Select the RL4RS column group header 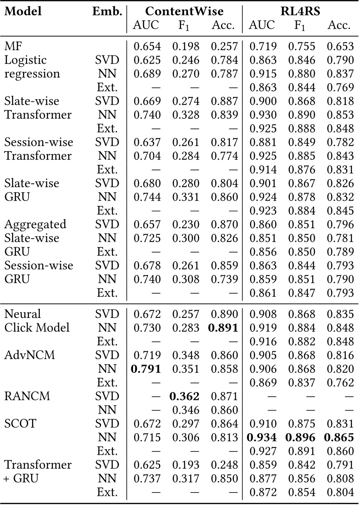point(300,11)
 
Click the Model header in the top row point(23,11)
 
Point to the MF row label point(13,45)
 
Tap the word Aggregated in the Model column point(36,224)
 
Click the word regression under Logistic point(32,73)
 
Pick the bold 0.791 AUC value point(146,369)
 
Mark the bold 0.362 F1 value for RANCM point(185,397)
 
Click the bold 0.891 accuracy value point(223,328)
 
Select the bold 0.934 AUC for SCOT point(262,438)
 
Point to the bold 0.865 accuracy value point(339,438)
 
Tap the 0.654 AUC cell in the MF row point(146,45)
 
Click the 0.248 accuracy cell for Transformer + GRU point(223,465)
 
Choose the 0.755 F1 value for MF point(300,45)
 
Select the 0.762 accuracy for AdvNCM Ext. point(339,383)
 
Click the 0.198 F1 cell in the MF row point(185,45)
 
